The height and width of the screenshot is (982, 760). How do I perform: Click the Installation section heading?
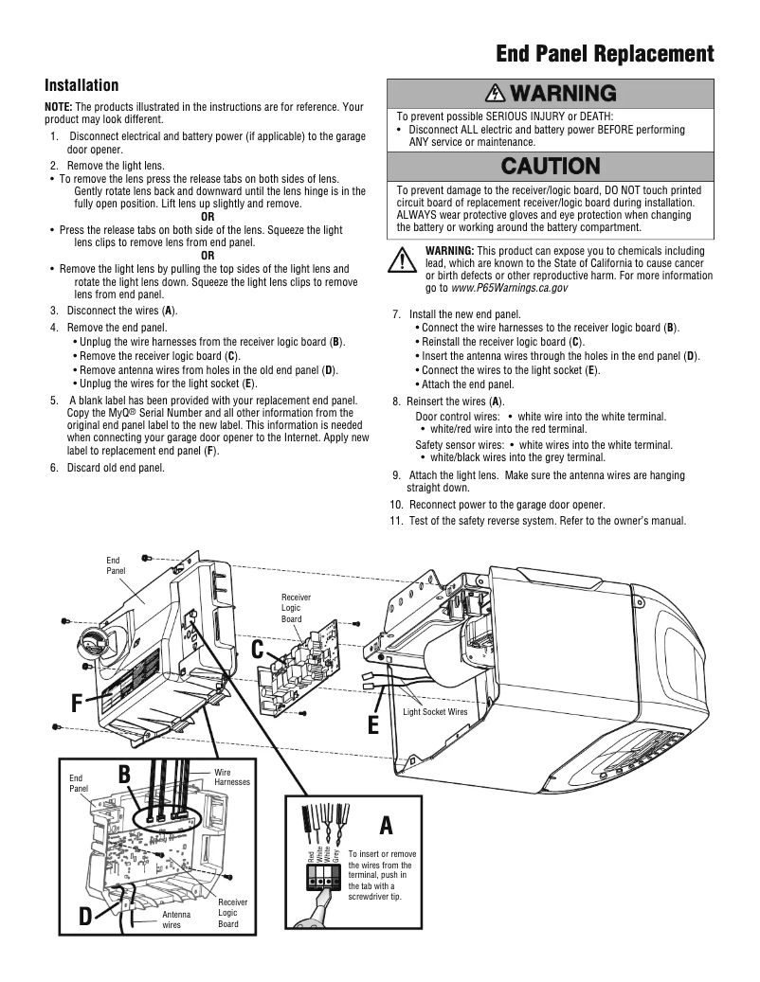point(82,86)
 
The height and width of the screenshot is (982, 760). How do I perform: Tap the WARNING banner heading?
point(550,93)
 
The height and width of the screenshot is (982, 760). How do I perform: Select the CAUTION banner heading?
point(550,166)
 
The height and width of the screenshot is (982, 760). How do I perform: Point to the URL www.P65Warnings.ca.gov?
point(511,287)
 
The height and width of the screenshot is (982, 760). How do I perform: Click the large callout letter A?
point(386,826)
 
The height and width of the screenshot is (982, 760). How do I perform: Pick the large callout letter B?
point(124,775)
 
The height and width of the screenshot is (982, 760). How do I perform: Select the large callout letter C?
point(258,651)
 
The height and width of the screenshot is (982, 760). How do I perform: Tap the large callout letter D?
point(85,916)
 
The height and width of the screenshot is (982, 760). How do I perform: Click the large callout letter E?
point(373,726)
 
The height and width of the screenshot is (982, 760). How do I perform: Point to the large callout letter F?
point(76,704)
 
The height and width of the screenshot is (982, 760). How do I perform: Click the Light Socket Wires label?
point(435,711)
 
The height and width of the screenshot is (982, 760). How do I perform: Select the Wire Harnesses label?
point(232,777)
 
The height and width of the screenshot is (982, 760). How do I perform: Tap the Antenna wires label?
point(176,920)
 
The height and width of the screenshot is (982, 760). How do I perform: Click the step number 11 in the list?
point(397,521)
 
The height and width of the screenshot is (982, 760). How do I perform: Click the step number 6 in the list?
point(55,467)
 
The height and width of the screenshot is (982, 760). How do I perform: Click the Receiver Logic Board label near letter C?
point(296,608)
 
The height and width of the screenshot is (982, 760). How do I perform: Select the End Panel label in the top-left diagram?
point(113,565)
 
